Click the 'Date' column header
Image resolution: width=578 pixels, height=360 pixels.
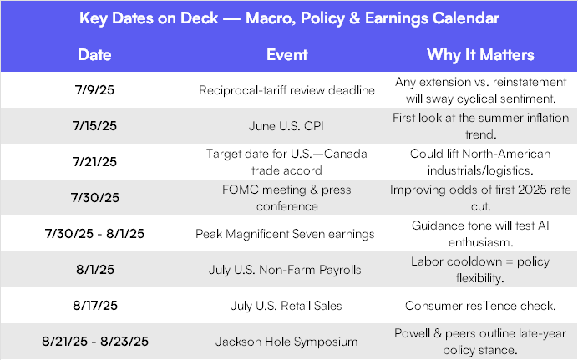94,55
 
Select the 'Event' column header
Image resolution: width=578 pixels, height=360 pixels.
286,55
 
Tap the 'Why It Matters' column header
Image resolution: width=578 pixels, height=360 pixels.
480,55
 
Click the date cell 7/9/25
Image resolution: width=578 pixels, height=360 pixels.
94,90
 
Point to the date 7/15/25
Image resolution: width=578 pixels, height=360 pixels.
94,126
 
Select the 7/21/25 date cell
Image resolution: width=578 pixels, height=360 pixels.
94,162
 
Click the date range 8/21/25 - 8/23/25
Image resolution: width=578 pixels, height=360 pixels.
95,342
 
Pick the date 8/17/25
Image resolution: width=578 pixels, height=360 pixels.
95,306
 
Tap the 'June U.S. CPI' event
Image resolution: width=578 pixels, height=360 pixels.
286,126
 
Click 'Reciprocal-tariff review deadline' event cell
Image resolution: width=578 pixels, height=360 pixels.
286,90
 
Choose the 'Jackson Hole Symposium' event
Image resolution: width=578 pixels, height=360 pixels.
286,342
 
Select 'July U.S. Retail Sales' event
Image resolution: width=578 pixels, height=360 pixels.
286,306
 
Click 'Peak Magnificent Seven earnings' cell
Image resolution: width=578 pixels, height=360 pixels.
285,234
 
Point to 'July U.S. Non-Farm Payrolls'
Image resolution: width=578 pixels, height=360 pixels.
285,270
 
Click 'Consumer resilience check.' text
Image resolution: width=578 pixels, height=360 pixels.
480,306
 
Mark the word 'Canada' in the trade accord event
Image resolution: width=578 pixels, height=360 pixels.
346,154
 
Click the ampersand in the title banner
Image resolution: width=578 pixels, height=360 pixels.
354,18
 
